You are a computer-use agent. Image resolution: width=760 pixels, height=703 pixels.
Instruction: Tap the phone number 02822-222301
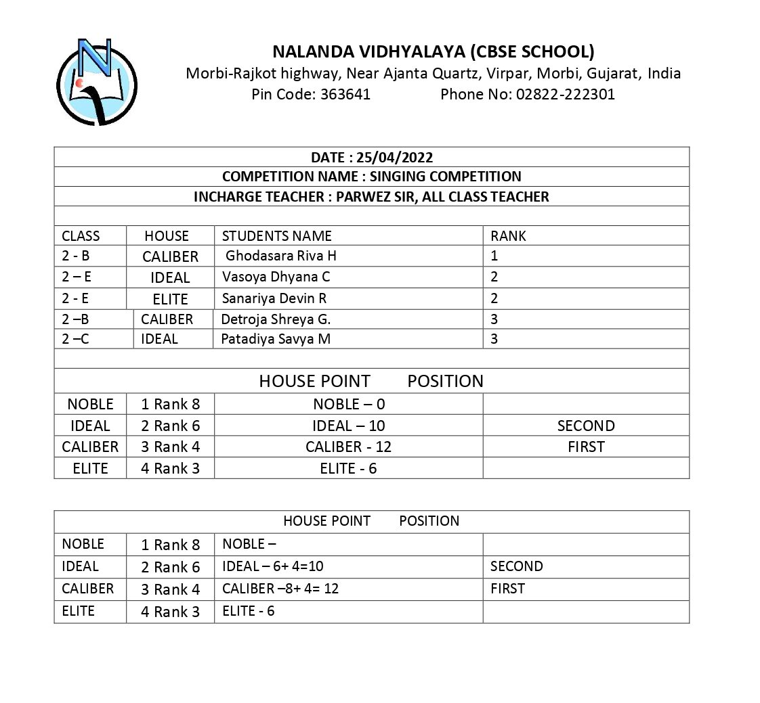(565, 95)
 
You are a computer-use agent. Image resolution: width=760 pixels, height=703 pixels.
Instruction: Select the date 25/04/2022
(395, 158)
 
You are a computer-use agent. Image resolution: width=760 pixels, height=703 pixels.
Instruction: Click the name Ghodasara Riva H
(280, 256)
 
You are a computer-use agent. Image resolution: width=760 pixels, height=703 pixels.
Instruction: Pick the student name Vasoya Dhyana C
(276, 277)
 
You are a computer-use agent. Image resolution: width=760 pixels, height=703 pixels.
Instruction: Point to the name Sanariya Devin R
(274, 298)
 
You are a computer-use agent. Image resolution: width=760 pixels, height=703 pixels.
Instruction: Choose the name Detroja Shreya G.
(276, 319)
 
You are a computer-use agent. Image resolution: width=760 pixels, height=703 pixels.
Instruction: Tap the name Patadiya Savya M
(276, 339)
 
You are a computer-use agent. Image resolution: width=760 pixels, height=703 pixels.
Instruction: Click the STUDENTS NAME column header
(276, 236)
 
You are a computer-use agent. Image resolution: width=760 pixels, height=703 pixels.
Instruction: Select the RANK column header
(508, 236)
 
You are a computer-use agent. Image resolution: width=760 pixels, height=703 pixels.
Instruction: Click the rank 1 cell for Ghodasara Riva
(494, 256)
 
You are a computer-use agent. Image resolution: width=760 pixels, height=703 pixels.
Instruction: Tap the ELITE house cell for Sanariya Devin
(170, 299)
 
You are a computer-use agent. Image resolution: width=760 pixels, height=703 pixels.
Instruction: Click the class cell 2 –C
(75, 339)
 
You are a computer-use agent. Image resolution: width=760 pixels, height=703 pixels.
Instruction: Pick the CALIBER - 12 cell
(348, 447)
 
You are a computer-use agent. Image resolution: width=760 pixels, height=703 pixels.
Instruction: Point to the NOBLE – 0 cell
(348, 405)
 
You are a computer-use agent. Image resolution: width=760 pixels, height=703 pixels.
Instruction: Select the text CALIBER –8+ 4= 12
(280, 589)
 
